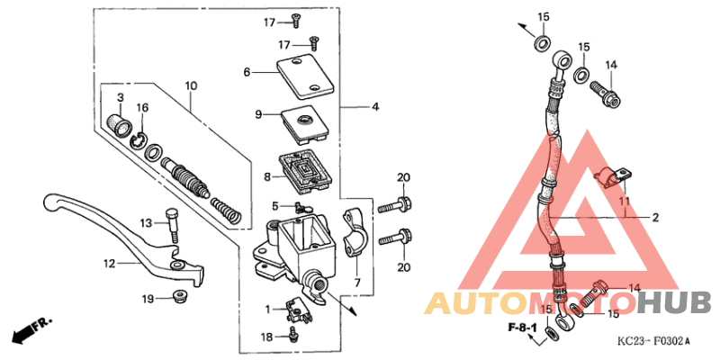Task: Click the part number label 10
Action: [191, 86]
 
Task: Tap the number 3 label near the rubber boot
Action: [120, 97]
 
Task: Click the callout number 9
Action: [257, 114]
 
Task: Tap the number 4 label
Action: [376, 107]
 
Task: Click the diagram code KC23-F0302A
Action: [652, 341]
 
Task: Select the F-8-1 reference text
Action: [521, 326]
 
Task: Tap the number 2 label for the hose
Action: [656, 218]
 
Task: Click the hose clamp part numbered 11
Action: [612, 177]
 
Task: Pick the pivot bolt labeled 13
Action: [171, 226]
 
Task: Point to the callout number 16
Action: [142, 108]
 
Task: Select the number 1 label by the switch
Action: [267, 309]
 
